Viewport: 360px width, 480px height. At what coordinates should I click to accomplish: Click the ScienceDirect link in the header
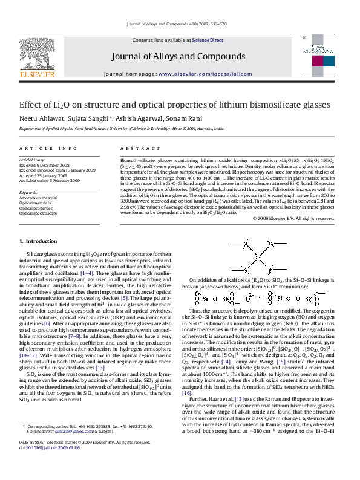(x=208, y=40)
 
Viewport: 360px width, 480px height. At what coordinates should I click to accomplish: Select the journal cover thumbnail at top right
(x=319, y=57)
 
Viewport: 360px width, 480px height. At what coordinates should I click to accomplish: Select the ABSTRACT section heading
(x=136, y=148)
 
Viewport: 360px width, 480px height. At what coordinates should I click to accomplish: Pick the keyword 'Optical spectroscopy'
(x=39, y=213)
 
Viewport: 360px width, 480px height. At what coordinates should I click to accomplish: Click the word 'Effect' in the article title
(x=32, y=104)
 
